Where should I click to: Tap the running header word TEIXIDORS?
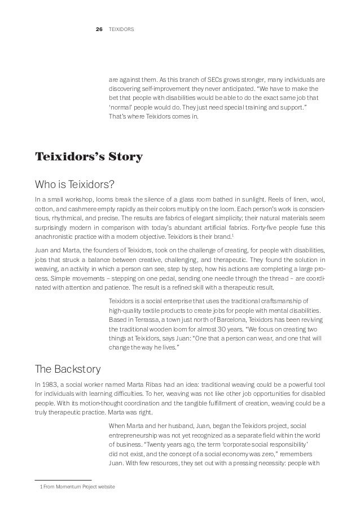(x=121, y=28)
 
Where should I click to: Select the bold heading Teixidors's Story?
(x=89, y=156)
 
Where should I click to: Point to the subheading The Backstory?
(x=68, y=370)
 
